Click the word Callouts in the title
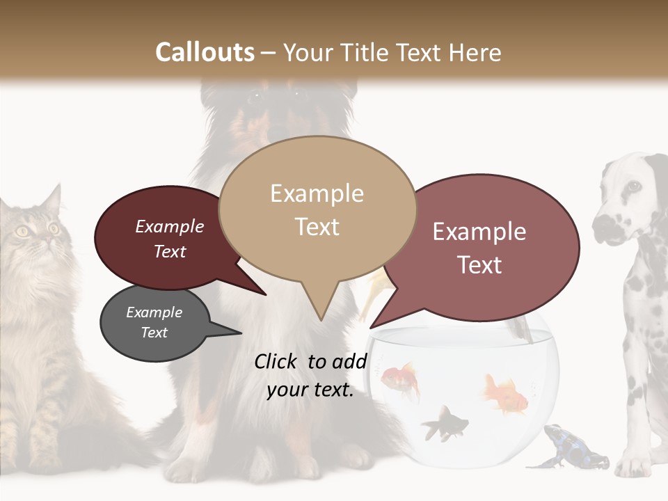[205, 52]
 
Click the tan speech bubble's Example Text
[317, 209]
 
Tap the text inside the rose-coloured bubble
[479, 248]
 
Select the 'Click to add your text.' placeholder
[310, 375]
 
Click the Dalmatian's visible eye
[633, 186]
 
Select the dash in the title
[269, 52]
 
